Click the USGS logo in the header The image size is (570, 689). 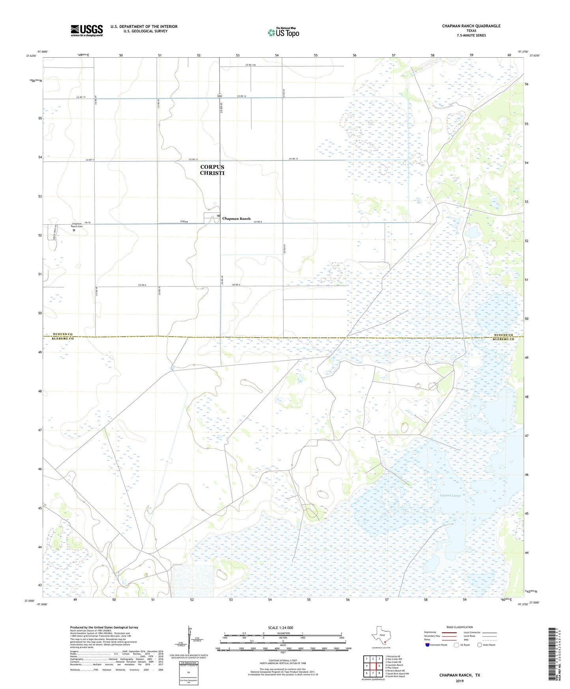point(87,30)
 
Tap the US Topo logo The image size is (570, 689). point(283,32)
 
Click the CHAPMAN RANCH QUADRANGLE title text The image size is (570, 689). point(471,26)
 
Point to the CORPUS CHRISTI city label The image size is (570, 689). point(212,170)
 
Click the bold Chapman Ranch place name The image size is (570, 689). point(236,219)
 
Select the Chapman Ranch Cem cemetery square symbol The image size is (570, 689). point(74,230)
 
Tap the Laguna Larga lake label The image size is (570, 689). point(450,495)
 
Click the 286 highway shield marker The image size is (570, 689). point(219,96)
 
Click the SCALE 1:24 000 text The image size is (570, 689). point(280,628)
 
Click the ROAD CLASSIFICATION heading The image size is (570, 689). point(460,627)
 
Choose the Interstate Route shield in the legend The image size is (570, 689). point(428,645)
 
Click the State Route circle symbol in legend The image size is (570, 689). point(479,645)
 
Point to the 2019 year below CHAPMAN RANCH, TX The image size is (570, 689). point(460,681)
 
